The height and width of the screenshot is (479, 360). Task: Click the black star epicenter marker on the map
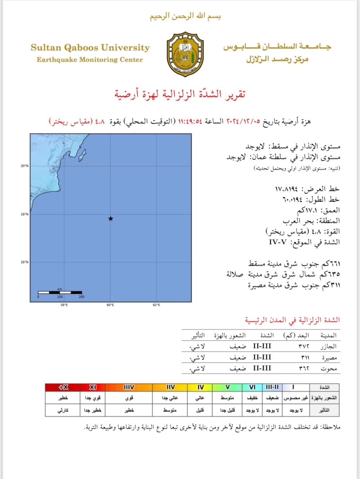coord(111,218)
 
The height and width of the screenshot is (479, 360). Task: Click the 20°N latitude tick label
coord(24,166)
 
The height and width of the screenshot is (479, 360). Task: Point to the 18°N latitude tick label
coord(24,214)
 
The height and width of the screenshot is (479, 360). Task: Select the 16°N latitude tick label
coord(24,262)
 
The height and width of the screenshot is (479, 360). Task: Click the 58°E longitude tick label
coord(64,305)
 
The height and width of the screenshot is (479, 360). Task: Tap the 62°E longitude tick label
coord(156,305)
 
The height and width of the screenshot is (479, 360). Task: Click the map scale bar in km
coord(60,293)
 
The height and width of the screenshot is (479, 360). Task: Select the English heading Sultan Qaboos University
coord(90,48)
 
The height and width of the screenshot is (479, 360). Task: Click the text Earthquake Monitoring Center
coord(90,60)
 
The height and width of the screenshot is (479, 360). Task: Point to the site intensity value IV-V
coord(278,242)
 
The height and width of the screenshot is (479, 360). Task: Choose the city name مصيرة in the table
coord(329,358)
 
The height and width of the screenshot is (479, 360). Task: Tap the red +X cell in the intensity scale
coord(63,387)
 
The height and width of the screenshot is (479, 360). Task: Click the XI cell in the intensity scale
coord(93,387)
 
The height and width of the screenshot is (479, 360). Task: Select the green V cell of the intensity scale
coord(228,387)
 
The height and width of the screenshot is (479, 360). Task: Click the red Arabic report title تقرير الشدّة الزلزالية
coord(180,94)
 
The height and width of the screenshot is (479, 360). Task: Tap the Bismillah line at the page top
coord(185,16)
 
